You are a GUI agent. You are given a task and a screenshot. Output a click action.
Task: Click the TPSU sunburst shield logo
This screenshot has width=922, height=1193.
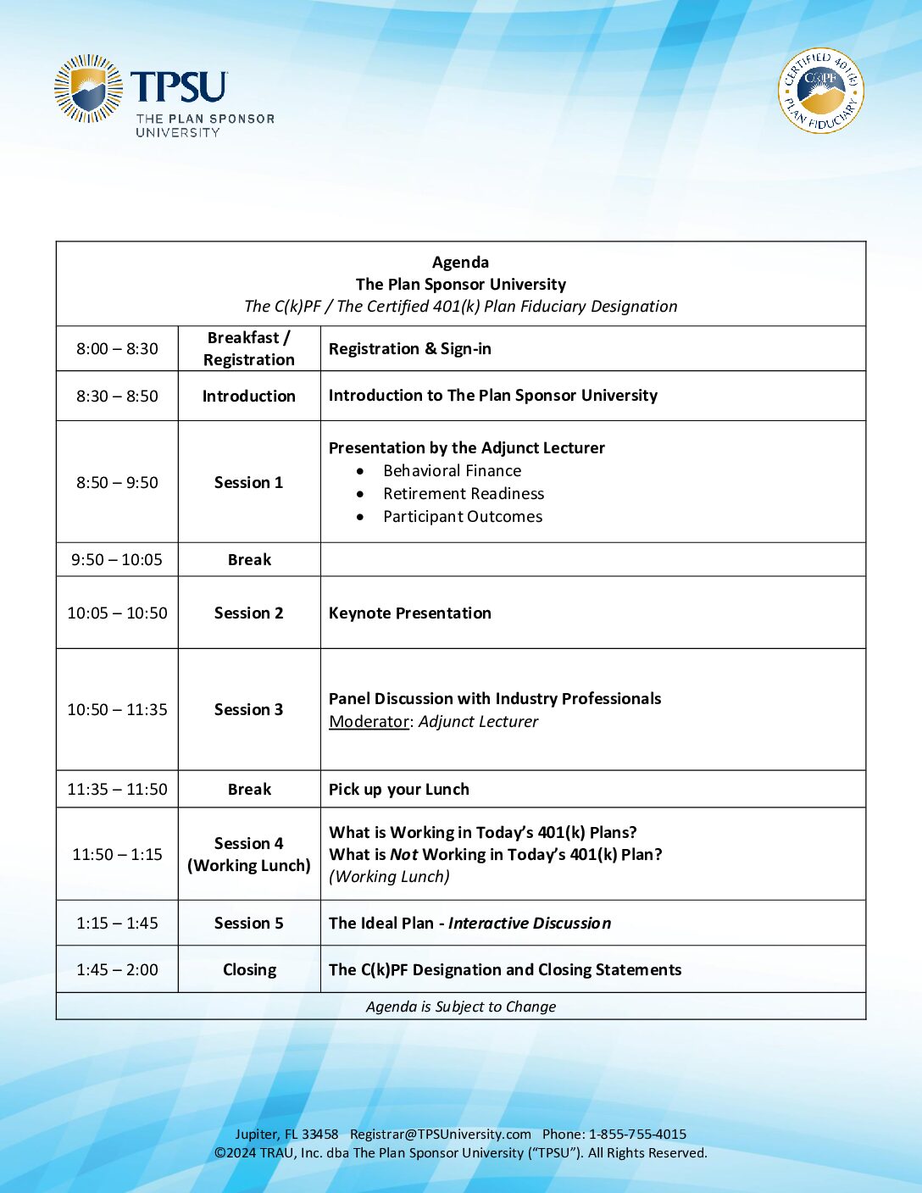pos(88,88)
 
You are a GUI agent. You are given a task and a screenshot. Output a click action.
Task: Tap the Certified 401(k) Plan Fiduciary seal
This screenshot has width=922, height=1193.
pos(820,91)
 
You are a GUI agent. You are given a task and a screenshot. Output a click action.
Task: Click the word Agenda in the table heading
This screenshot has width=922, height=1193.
pos(460,263)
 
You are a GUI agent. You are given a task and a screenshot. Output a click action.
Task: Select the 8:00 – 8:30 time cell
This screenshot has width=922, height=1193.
pos(117,349)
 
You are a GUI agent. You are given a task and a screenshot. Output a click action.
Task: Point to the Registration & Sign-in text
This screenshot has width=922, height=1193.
pos(409,349)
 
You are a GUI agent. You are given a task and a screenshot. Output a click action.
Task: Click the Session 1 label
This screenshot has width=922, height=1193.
pos(248,483)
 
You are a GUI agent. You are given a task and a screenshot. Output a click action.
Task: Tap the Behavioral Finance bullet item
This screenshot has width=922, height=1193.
pos(452,471)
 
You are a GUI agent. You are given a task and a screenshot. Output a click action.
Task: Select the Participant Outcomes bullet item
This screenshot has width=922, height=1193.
pos(462,517)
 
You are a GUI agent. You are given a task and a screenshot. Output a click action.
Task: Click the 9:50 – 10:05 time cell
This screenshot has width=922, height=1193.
pos(117,560)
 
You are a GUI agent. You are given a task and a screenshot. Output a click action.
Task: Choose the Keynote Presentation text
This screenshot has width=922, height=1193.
pos(409,613)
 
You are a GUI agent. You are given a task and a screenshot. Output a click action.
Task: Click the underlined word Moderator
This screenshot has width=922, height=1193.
pos(369,722)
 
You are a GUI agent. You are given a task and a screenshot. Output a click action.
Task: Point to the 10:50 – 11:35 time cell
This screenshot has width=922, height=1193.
pos(117,710)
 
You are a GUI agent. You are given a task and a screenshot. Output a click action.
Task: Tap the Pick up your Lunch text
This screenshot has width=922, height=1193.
pos(398,790)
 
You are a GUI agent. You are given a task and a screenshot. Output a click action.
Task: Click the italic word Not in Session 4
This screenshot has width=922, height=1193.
pos(403,855)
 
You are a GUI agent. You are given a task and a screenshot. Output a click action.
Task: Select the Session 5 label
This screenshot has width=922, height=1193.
pos(248,924)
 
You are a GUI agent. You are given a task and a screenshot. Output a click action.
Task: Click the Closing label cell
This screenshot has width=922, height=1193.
pos(249,970)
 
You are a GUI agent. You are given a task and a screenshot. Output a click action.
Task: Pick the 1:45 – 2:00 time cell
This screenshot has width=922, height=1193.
pos(117,970)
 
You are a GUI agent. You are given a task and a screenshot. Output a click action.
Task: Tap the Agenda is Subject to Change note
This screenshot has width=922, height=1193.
pos(461,1007)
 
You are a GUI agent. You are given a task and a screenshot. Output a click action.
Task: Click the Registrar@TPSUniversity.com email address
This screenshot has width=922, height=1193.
pos(440,1135)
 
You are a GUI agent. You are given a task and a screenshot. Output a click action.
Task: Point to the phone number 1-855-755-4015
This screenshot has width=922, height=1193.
pos(637,1135)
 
